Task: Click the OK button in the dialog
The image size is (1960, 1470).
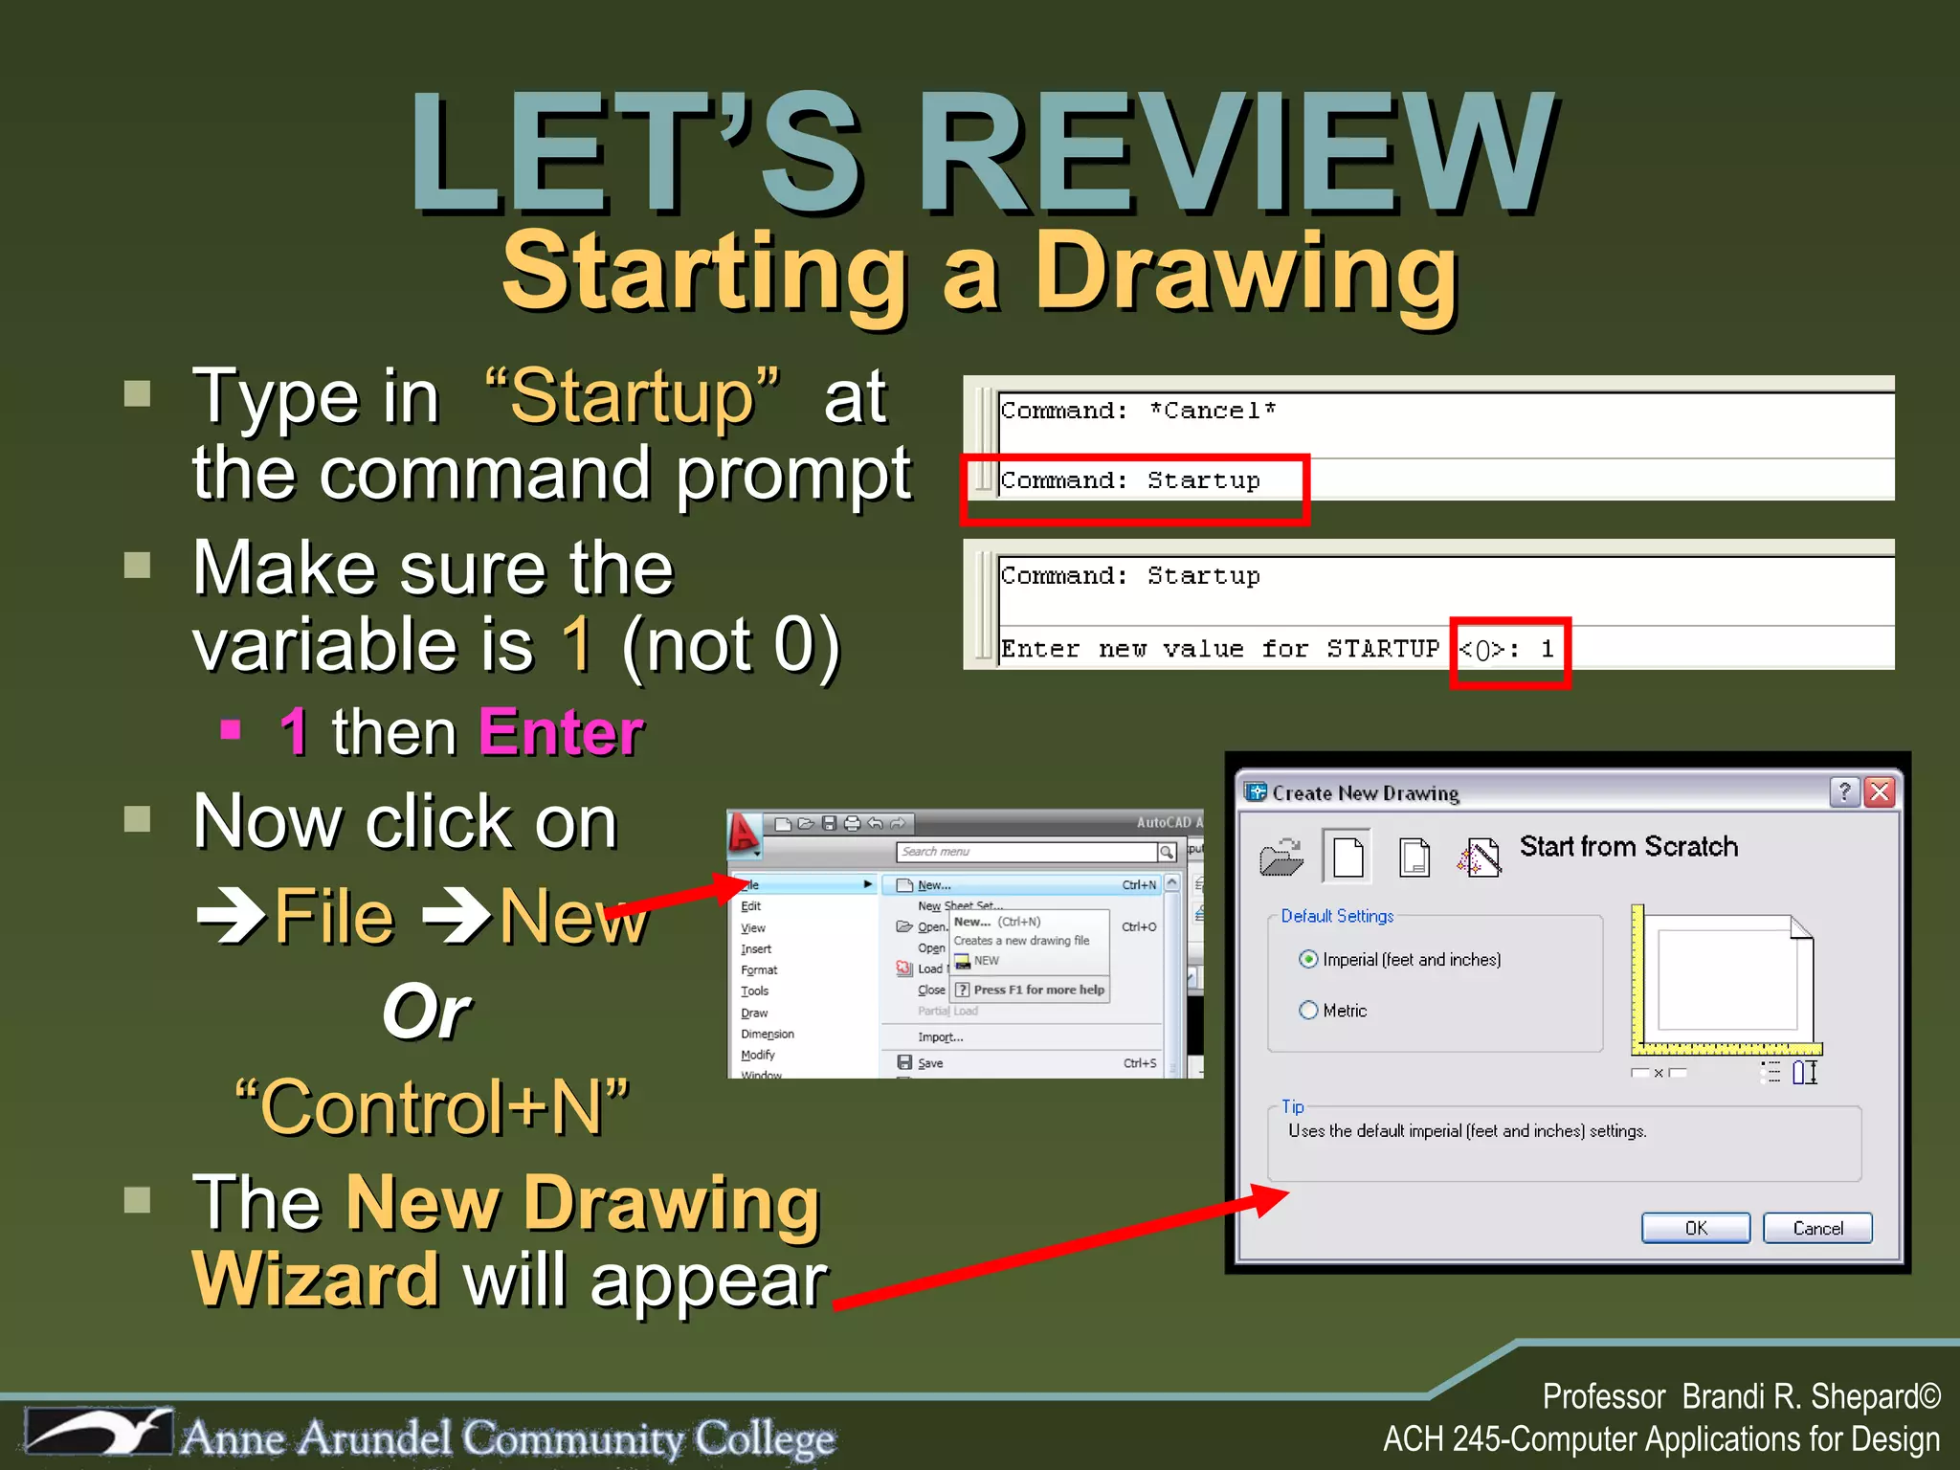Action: (x=1695, y=1228)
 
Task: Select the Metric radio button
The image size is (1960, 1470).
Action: (x=1308, y=1011)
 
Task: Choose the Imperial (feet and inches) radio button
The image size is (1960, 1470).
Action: (x=1308, y=959)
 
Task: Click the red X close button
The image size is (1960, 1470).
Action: (x=1880, y=792)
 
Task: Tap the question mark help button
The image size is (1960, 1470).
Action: (x=1844, y=792)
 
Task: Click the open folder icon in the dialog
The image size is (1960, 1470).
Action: (x=1281, y=857)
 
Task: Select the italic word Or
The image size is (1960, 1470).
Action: (x=426, y=1013)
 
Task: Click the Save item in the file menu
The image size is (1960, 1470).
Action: (x=929, y=1063)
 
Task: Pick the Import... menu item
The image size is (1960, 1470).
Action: (x=940, y=1037)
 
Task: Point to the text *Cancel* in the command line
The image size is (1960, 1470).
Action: (x=1212, y=411)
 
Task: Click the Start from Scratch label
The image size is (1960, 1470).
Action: (x=1628, y=847)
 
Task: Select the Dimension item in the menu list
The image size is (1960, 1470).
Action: (x=767, y=1035)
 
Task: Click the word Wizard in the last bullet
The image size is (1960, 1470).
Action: (x=316, y=1281)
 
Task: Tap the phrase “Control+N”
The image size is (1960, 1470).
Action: (x=432, y=1107)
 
